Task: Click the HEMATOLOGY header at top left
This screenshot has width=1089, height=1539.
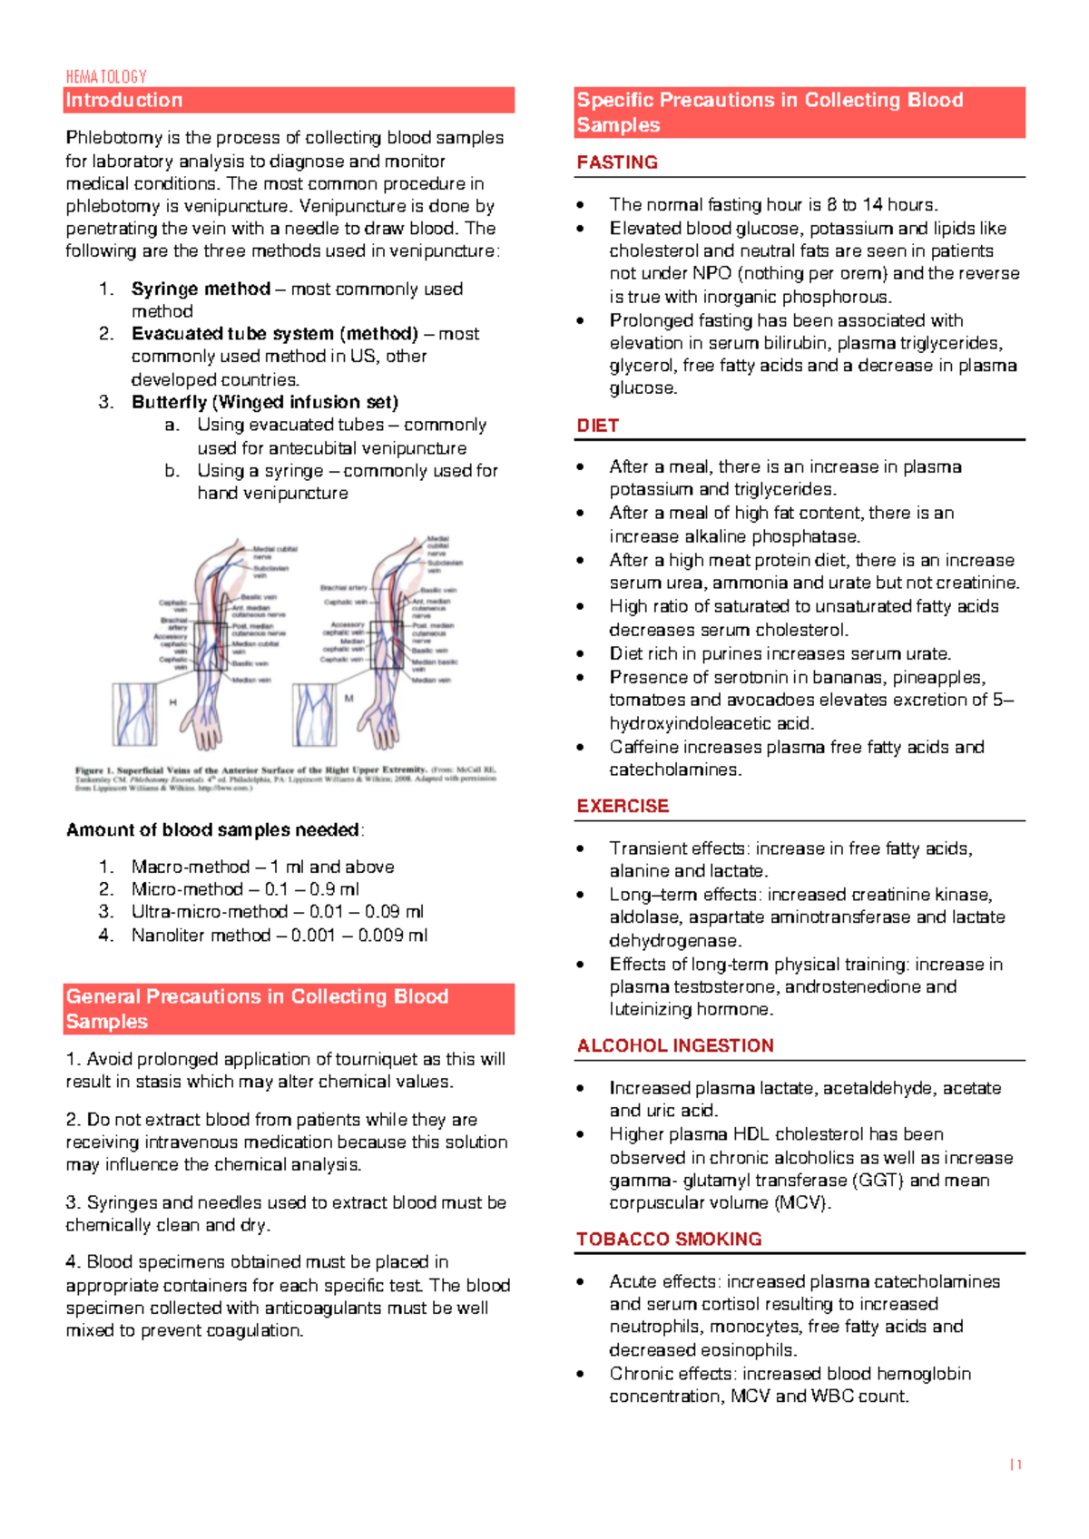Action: pos(105,77)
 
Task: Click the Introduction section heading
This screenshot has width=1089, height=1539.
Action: pos(124,100)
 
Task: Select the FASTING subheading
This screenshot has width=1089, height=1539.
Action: pos(617,162)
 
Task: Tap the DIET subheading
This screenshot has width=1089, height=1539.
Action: pos(598,426)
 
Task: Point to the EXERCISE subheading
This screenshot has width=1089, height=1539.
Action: pos(623,806)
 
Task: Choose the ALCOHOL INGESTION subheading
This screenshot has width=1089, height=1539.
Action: pos(675,1045)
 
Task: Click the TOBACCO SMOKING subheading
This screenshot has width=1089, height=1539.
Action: pos(669,1239)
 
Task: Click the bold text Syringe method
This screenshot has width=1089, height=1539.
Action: pos(201,289)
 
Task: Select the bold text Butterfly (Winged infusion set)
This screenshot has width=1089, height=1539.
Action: pos(265,402)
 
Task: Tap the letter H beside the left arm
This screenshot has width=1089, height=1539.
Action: pos(172,702)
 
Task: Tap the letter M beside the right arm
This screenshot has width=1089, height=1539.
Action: pos(348,699)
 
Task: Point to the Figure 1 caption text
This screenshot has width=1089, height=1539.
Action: pos(286,779)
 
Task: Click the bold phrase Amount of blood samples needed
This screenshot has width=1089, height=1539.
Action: pos(213,829)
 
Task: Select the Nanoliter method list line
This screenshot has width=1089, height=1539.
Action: pos(278,935)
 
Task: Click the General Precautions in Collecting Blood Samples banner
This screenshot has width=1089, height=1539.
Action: pos(289,1008)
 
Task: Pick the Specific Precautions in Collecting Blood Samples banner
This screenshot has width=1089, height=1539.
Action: pos(799,113)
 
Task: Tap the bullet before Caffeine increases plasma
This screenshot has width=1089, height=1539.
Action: pos(581,748)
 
